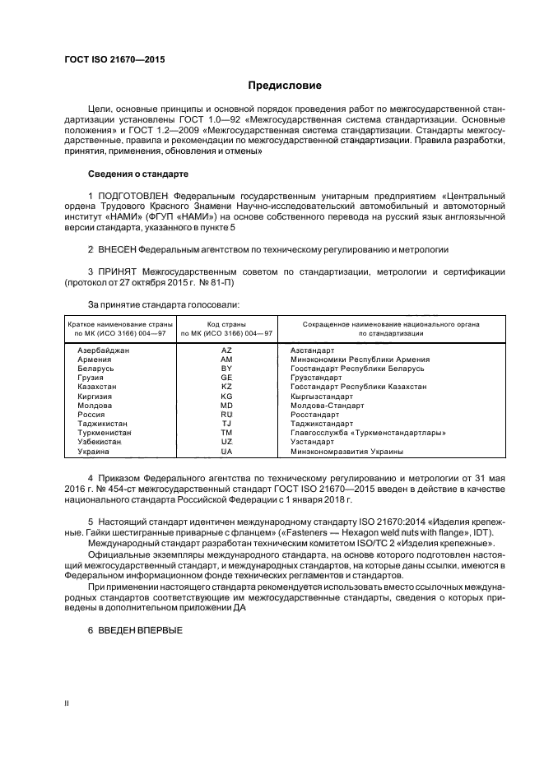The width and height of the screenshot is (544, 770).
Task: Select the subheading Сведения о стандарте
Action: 138,174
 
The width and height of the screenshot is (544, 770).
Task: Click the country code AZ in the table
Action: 227,350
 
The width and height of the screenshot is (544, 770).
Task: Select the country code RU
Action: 227,415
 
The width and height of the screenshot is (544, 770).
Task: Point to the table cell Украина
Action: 94,452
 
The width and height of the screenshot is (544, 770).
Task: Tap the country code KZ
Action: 227,387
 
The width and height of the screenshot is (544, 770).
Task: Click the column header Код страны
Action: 227,324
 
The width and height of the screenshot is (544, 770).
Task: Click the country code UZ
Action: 227,442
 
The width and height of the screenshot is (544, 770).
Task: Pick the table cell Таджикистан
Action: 104,424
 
